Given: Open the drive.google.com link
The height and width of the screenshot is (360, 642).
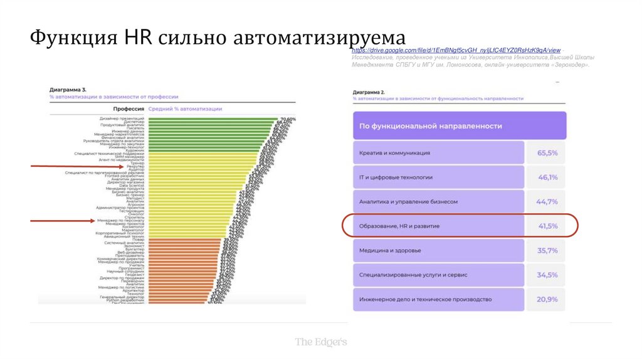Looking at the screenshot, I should pyautogui.click(x=456, y=50).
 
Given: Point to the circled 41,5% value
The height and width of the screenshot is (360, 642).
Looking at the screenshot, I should pyautogui.click(x=547, y=226).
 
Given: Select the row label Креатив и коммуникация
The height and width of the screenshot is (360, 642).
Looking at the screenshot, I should pyautogui.click(x=394, y=153).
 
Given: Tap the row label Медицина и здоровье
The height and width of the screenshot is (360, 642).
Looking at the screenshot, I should pyautogui.click(x=390, y=250).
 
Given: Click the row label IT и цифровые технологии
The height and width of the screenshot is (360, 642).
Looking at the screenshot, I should pyautogui.click(x=396, y=177).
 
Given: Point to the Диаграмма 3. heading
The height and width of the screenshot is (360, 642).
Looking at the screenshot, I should pyautogui.click(x=68, y=90).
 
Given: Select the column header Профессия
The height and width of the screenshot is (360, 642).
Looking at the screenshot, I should pyautogui.click(x=125, y=109).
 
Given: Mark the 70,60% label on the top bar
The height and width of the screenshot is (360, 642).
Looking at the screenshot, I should pyautogui.click(x=288, y=119).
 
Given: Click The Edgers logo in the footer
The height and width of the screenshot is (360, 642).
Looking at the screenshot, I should pyautogui.click(x=321, y=342).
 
